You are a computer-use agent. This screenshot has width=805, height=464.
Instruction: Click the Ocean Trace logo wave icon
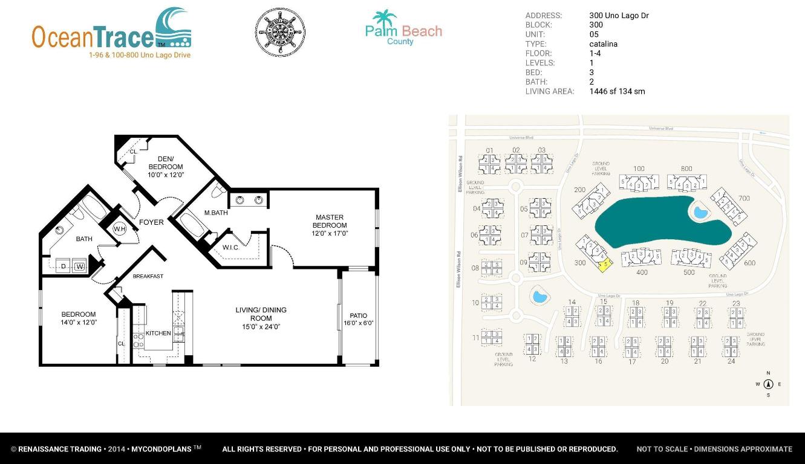[x=174, y=28]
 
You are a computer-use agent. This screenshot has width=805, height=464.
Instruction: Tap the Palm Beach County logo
[x=403, y=28]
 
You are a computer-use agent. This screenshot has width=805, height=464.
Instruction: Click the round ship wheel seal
[x=280, y=33]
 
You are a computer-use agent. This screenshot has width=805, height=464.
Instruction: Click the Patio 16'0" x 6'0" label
[x=358, y=319]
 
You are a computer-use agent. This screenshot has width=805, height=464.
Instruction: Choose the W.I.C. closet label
[x=230, y=248]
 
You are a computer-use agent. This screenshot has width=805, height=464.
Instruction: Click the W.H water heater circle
[x=119, y=229]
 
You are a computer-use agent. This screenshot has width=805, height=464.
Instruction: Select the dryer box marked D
[x=64, y=266]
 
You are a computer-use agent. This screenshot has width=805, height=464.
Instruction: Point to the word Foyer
[x=151, y=222]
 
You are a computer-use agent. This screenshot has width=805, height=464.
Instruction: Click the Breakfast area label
[x=148, y=276]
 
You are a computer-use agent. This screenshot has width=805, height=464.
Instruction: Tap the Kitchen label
[x=158, y=333]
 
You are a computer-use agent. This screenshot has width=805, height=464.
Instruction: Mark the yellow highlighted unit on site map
[x=604, y=265]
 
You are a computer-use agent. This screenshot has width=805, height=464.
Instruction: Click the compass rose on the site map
[x=769, y=384]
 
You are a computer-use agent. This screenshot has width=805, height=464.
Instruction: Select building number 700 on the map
[x=744, y=198]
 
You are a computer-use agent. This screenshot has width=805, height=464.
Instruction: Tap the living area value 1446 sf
[x=617, y=92]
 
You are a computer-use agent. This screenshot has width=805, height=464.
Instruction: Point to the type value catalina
[x=603, y=44]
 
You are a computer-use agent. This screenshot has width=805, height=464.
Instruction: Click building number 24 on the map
[x=731, y=361]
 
